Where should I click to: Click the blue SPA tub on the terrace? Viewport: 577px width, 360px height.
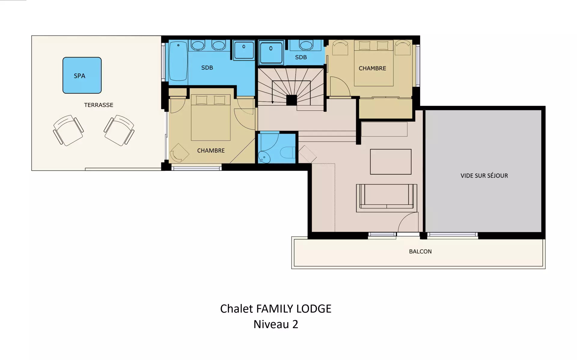pyautogui.click(x=82, y=75)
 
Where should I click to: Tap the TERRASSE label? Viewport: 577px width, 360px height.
pyautogui.click(x=99, y=105)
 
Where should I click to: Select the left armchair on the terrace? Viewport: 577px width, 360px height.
pyautogui.click(x=68, y=130)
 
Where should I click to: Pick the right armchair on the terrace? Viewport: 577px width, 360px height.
pyautogui.click(x=119, y=130)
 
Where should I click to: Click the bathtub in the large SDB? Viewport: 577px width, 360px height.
pyautogui.click(x=178, y=61)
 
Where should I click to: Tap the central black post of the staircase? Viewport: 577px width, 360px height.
pyautogui.click(x=292, y=100)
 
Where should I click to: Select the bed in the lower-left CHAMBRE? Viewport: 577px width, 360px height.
pyautogui.click(x=211, y=117)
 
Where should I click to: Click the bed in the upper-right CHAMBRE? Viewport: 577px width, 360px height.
pyautogui.click(x=374, y=63)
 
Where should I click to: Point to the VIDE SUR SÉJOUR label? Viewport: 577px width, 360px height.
pyautogui.click(x=484, y=176)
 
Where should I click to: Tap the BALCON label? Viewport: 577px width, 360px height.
pyautogui.click(x=420, y=252)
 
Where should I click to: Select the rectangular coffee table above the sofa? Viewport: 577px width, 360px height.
pyautogui.click(x=391, y=162)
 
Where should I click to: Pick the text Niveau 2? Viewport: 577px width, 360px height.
pyautogui.click(x=276, y=324)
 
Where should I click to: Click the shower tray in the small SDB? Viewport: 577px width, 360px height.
pyautogui.click(x=271, y=53)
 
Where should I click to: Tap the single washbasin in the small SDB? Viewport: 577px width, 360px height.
pyautogui.click(x=306, y=45)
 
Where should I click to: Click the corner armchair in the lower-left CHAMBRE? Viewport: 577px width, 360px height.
pyautogui.click(x=179, y=153)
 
